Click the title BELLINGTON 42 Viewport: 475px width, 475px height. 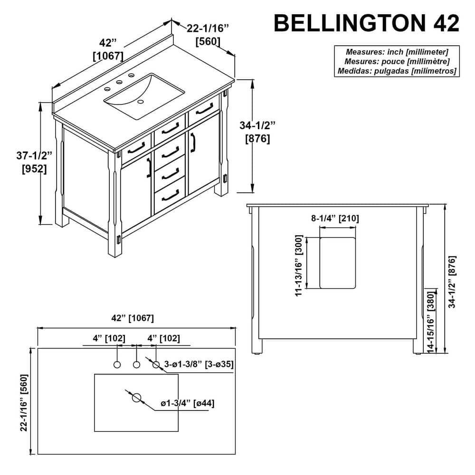367,23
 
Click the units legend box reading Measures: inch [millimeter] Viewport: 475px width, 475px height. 397,61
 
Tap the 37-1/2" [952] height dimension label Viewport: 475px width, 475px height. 34,162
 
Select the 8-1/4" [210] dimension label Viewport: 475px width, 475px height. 335,218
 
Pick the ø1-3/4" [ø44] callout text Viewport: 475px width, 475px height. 187,403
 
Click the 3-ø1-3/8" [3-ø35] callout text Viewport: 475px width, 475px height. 199,364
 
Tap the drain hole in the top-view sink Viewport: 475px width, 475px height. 137,398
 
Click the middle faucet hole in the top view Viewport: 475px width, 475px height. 136,365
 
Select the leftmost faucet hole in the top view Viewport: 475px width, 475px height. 117,365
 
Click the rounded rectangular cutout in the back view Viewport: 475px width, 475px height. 338,263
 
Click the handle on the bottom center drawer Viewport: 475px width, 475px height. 170,193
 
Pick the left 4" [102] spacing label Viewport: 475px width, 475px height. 109,338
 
